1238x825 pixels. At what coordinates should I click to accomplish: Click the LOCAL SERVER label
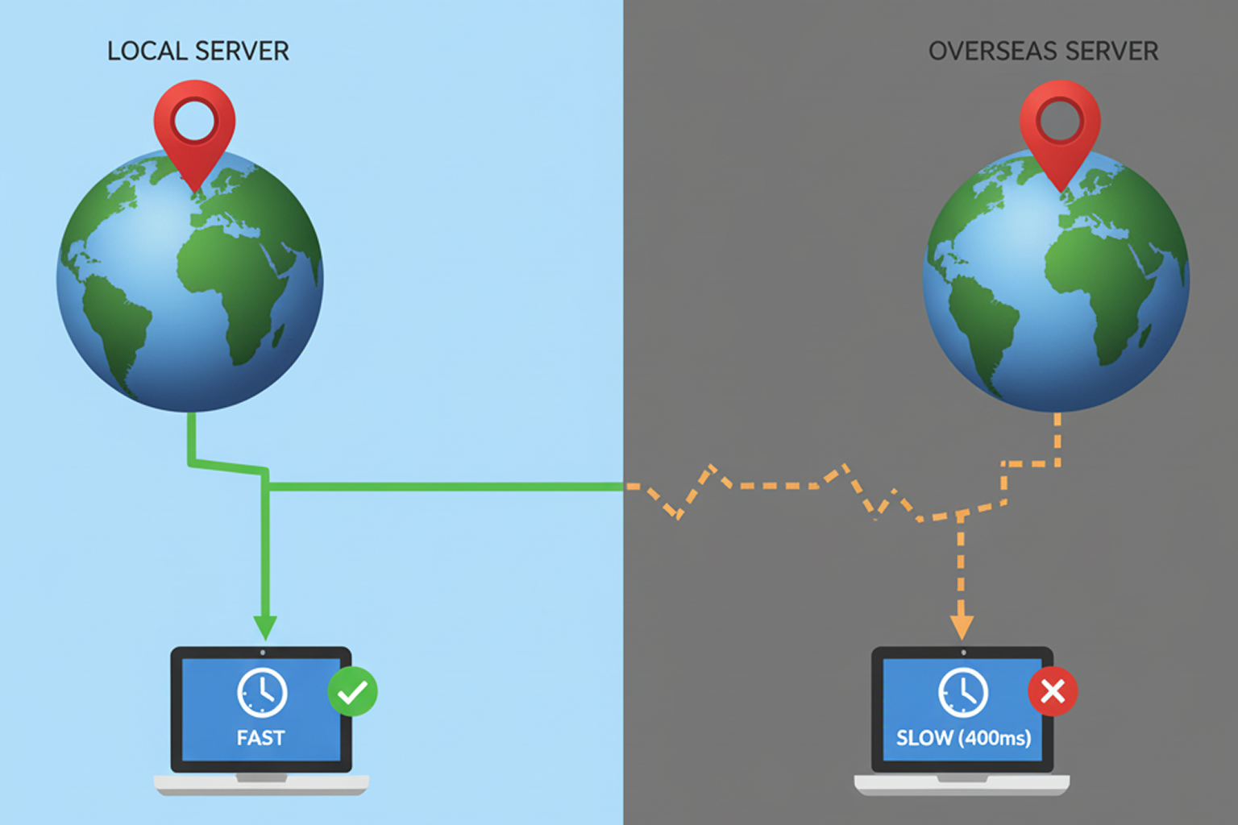(197, 52)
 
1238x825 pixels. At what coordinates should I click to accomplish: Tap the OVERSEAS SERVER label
(1043, 52)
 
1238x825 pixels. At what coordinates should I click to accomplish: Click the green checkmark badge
(352, 691)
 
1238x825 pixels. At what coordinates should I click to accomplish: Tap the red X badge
(1053, 691)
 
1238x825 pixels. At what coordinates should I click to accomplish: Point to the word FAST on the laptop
(260, 738)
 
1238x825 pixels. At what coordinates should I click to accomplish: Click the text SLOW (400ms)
(963, 738)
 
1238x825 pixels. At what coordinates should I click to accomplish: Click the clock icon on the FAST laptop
(262, 692)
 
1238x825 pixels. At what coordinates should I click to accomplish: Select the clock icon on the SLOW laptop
(963, 692)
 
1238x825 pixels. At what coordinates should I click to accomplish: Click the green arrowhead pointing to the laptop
(265, 627)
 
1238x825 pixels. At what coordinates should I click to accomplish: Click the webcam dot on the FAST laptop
(263, 653)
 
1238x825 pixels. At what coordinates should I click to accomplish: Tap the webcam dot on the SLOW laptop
(963, 653)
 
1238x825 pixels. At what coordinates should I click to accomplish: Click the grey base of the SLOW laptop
(962, 784)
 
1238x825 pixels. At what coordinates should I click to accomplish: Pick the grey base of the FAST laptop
(261, 784)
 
